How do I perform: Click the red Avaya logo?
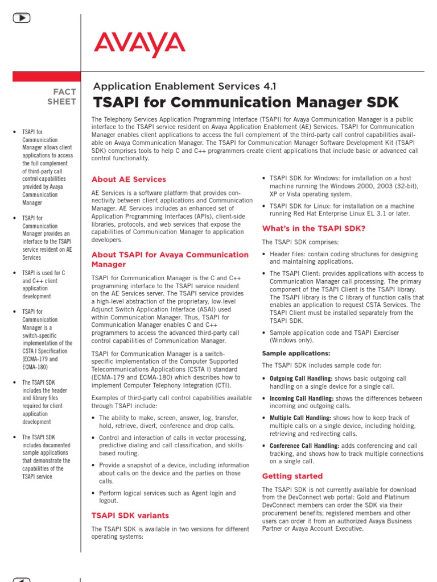[x=139, y=45]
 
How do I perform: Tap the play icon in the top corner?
[x=21, y=18]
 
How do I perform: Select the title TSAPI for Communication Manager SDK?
[x=245, y=102]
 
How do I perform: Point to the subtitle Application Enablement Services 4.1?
[x=184, y=86]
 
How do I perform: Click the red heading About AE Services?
[x=129, y=180]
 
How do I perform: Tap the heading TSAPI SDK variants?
[x=130, y=516]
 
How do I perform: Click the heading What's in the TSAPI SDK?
[x=314, y=228]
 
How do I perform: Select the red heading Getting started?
[x=292, y=476]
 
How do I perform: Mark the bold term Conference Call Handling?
[x=304, y=446]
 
